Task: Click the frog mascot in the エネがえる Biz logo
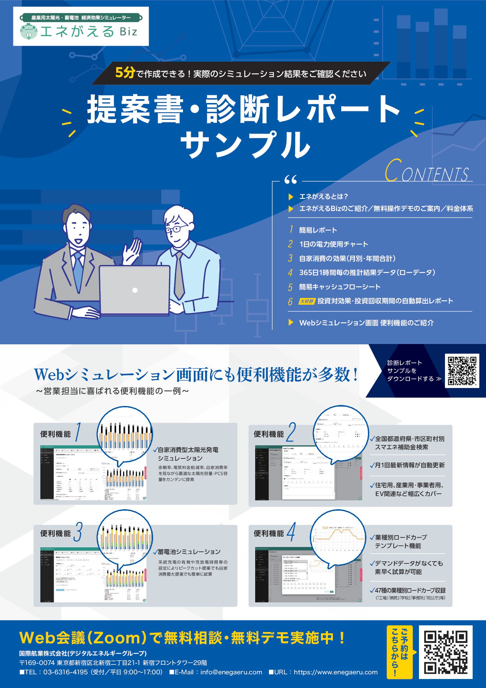pyautogui.click(x=29, y=32)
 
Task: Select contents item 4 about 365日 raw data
pyautogui.click(x=367, y=273)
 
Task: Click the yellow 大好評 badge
pyautogui.click(x=306, y=301)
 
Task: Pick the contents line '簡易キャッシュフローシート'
pyautogui.click(x=340, y=287)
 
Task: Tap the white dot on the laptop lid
pyautogui.click(x=135, y=290)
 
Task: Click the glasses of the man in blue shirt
pyautogui.click(x=177, y=229)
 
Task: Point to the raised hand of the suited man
pyautogui.click(x=133, y=250)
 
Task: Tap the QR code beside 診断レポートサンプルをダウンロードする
pyautogui.click(x=462, y=371)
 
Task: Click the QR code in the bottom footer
pyautogui.click(x=446, y=652)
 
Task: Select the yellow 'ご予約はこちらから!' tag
pyautogui.click(x=400, y=652)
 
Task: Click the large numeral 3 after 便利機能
pyautogui.click(x=78, y=532)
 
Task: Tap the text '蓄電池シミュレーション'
pyautogui.click(x=189, y=552)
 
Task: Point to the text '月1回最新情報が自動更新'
pyautogui.click(x=410, y=465)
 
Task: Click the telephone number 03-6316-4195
pyautogui.click(x=65, y=672)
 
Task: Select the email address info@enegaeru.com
pyautogui.click(x=231, y=672)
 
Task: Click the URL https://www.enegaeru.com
pyautogui.click(x=336, y=672)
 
